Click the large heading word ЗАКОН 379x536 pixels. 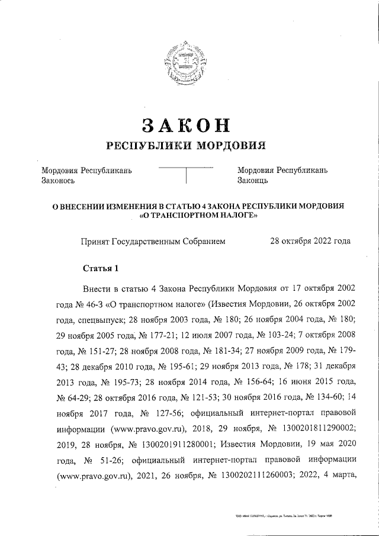click(186, 125)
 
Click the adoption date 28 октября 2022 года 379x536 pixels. click(310, 241)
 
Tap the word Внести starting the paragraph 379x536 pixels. click(98, 289)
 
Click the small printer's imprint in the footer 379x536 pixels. click(282, 516)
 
